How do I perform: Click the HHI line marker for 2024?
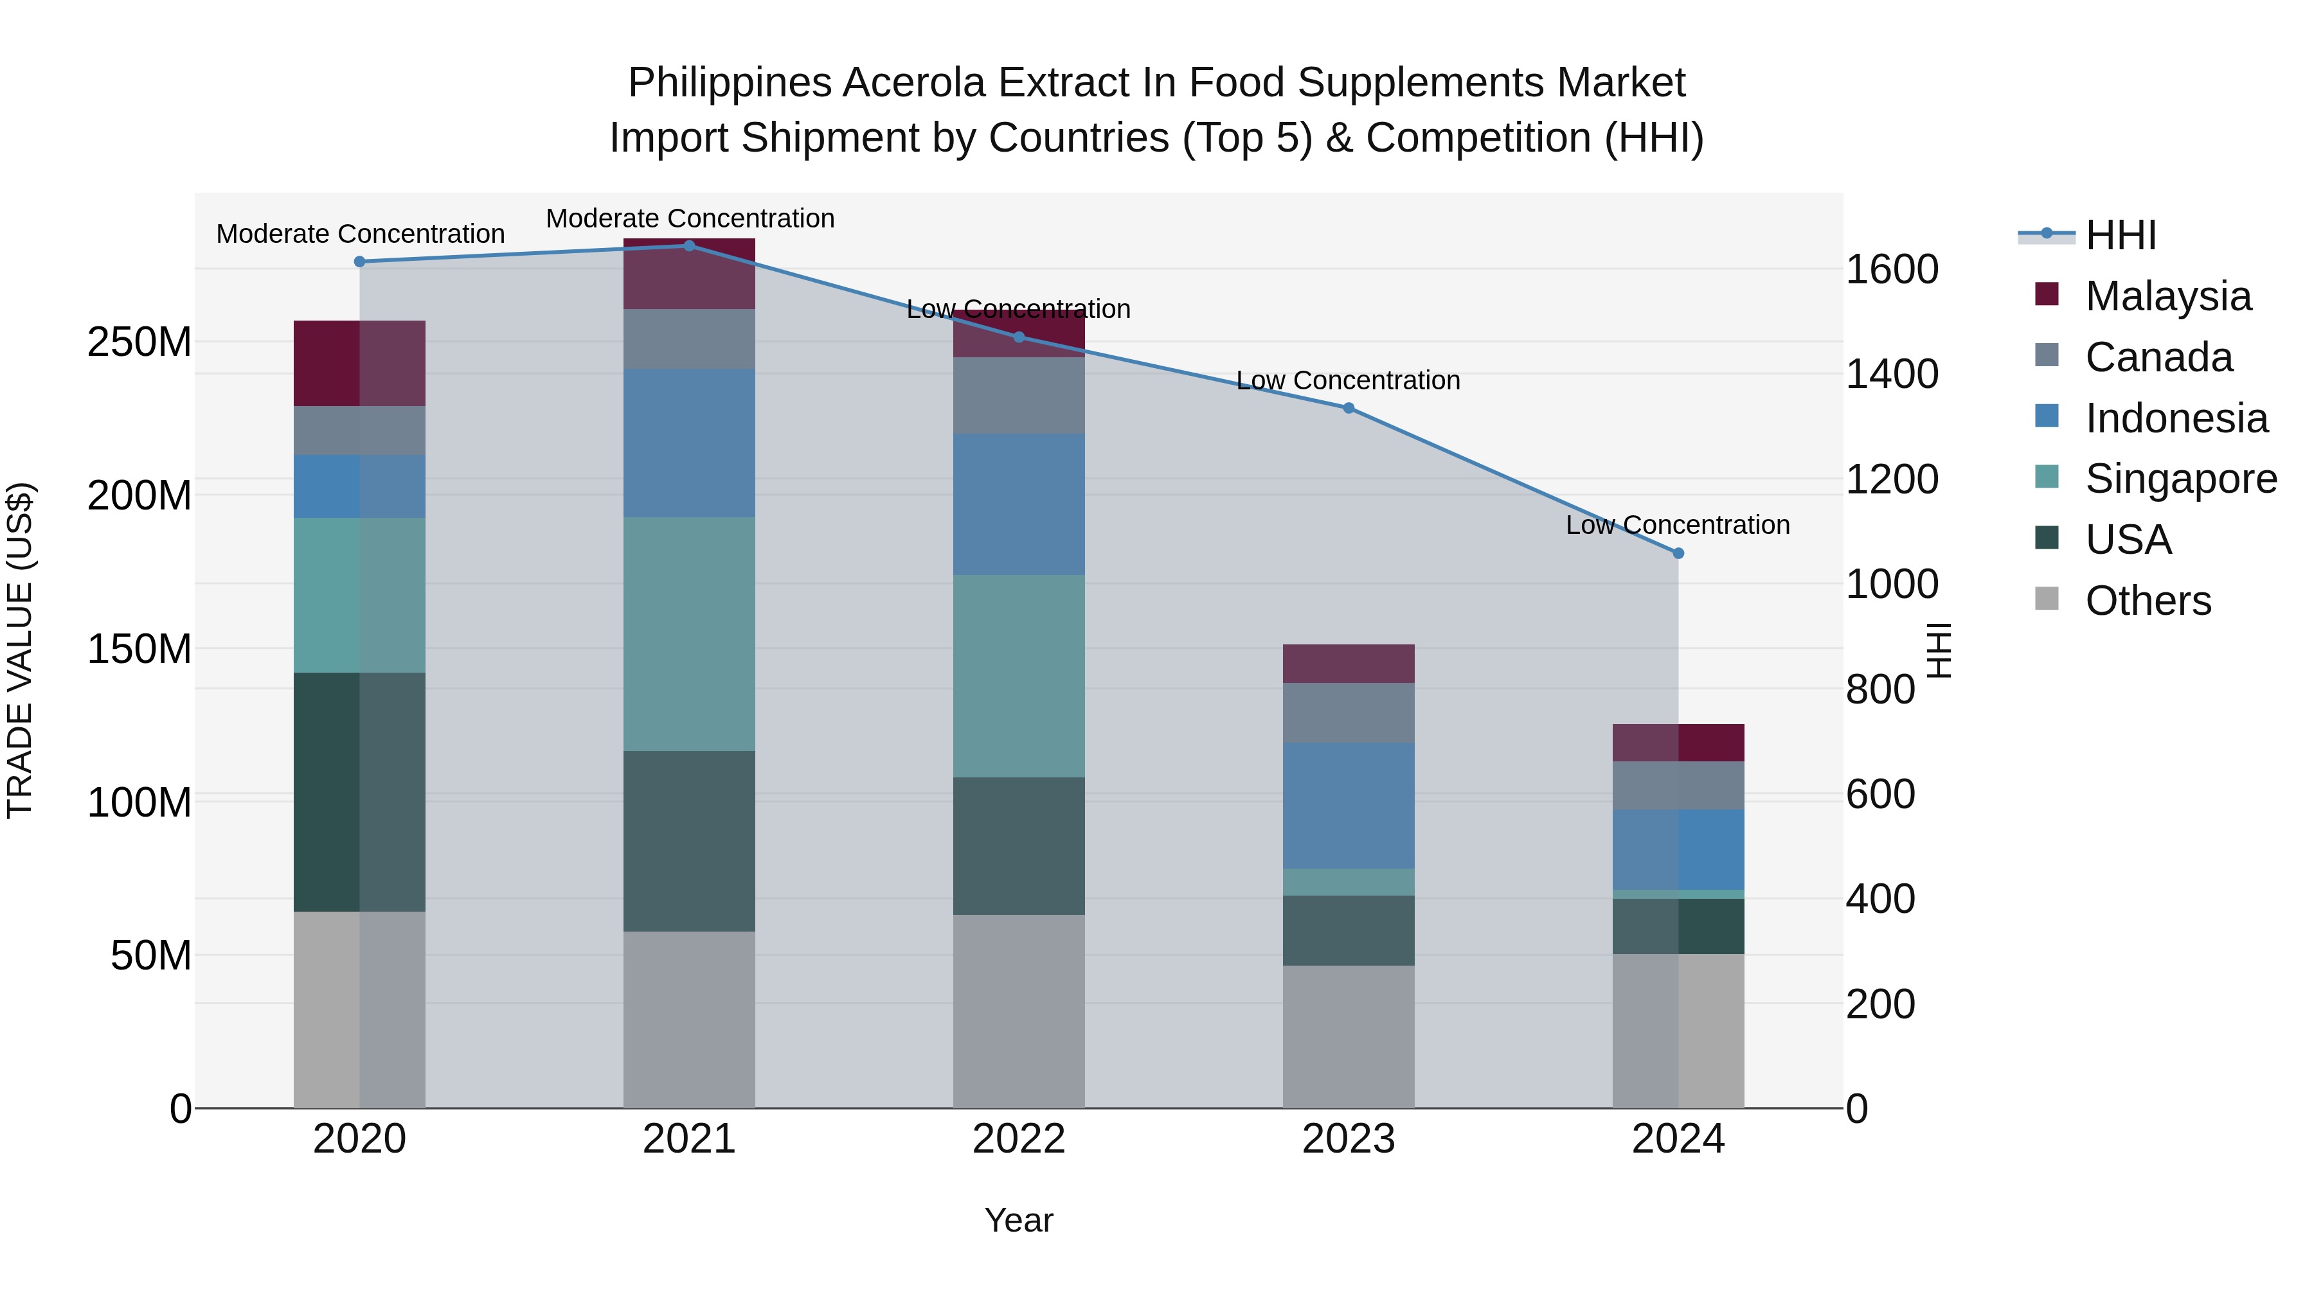tap(1678, 553)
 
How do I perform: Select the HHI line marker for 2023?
tap(1349, 407)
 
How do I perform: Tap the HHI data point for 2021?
tap(689, 246)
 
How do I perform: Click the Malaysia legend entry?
tap(2167, 296)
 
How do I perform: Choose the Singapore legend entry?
tap(2180, 479)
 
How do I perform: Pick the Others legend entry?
tap(2147, 601)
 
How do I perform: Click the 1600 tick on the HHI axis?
tap(1892, 269)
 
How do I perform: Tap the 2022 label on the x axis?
tap(1019, 1139)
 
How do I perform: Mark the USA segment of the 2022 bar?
tap(1019, 845)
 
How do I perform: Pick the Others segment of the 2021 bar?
tap(689, 1019)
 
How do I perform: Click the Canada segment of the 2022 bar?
tap(1019, 395)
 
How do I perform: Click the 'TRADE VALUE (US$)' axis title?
tap(20, 650)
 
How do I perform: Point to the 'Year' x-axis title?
tap(1019, 1220)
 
